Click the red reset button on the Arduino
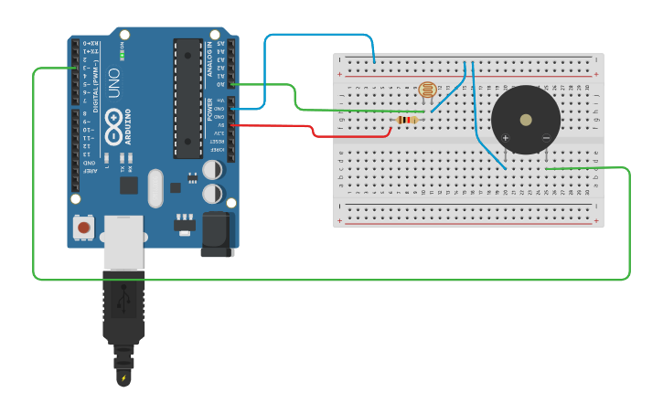click(84, 227)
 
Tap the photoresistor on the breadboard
click(426, 90)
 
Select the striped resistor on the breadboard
click(408, 120)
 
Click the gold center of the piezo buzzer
click(525, 120)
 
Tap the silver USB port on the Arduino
click(123, 241)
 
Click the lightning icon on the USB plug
click(123, 377)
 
